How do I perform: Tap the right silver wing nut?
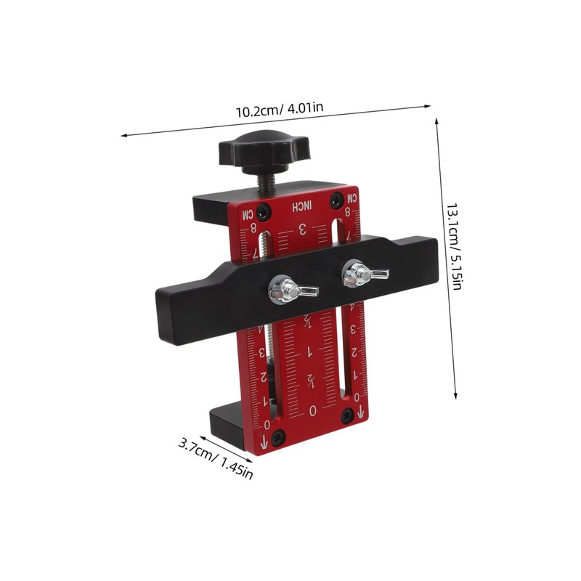pos(357,273)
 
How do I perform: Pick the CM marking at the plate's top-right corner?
pos(351,197)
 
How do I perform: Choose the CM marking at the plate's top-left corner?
pos(247,215)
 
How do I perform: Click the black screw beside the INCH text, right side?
pos(336,199)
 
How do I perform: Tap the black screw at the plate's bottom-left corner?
pos(279,436)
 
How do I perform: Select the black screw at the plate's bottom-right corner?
pos(347,415)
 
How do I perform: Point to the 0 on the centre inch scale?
pos(313,410)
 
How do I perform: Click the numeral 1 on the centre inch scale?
pos(310,352)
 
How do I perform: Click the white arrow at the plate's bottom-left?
pos(263,439)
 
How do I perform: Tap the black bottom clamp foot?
pos(225,425)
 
